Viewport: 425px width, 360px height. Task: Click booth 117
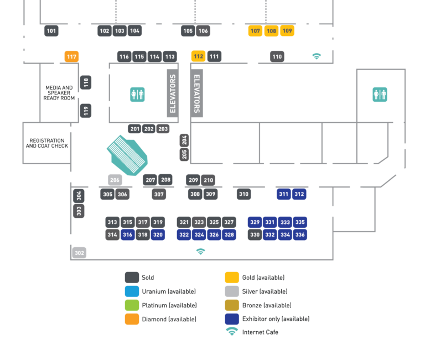click(71, 56)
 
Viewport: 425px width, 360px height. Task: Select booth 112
click(198, 56)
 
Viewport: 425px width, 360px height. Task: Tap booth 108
click(271, 31)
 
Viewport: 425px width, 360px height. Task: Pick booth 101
click(51, 31)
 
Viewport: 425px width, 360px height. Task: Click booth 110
click(277, 56)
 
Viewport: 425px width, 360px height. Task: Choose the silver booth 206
click(115, 180)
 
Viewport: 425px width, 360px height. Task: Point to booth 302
click(79, 253)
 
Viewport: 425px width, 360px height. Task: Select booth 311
click(284, 194)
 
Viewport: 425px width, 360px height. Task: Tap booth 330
click(255, 234)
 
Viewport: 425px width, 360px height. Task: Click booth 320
click(158, 234)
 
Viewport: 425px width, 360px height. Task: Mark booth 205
click(184, 154)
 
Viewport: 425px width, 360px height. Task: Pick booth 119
click(86, 111)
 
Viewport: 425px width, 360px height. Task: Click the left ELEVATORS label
click(173, 93)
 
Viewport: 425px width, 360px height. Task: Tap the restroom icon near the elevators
click(137, 95)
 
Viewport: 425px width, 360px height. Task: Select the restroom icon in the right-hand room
click(380, 95)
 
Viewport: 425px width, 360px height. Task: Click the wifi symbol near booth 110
click(317, 56)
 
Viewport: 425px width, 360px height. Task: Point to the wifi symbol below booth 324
click(201, 252)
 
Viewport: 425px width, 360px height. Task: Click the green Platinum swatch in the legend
click(132, 305)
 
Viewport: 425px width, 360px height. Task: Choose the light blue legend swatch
click(132, 291)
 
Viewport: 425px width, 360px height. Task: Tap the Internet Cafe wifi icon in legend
click(232, 332)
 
